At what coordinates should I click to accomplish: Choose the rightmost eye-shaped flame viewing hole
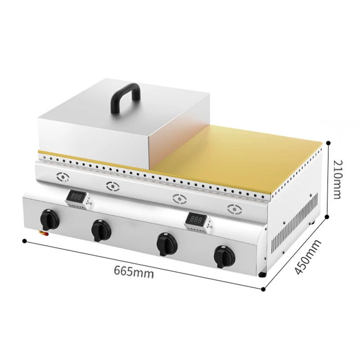click(x=234, y=208)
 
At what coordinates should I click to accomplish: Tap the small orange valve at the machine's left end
click(x=43, y=233)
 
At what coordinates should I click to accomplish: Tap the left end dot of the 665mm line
click(x=23, y=242)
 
